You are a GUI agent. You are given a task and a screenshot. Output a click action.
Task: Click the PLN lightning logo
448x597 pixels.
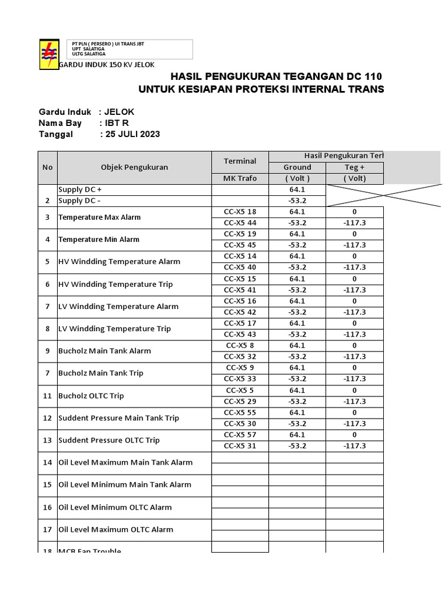48,54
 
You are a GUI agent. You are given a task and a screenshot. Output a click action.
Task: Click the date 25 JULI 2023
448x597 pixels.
132,134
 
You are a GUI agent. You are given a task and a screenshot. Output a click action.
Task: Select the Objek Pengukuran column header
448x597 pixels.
134,167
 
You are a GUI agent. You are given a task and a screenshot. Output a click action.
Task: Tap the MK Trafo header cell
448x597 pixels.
240,178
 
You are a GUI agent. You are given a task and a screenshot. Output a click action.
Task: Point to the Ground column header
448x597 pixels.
297,167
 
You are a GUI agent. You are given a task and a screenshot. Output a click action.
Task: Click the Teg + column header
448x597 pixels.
354,167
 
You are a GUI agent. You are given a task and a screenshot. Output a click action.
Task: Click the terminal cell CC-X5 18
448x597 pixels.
240,212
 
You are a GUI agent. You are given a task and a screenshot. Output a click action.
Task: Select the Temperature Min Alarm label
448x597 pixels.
99,240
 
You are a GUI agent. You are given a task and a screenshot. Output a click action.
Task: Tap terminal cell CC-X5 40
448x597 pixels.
240,267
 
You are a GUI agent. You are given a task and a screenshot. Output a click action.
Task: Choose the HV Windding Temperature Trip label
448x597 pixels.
116,285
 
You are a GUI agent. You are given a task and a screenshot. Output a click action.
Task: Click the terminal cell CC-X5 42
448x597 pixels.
240,312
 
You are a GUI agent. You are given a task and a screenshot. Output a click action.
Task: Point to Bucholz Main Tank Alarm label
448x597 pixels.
104,351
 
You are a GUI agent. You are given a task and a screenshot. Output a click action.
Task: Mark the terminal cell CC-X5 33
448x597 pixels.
240,378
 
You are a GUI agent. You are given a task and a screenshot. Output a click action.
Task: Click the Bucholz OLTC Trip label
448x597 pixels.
91,396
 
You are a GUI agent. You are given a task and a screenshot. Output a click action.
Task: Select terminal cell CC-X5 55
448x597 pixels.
240,412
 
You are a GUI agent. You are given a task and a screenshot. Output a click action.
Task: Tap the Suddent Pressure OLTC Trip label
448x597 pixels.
109,440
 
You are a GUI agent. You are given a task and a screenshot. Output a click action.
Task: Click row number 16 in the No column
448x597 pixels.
47,507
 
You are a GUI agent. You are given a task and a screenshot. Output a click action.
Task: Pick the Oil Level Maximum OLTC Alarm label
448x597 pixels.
116,529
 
